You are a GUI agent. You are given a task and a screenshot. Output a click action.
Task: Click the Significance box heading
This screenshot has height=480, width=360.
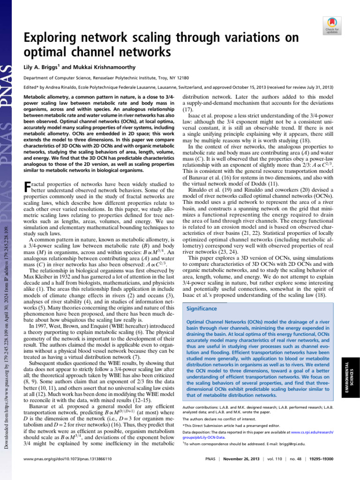click(202, 309)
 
